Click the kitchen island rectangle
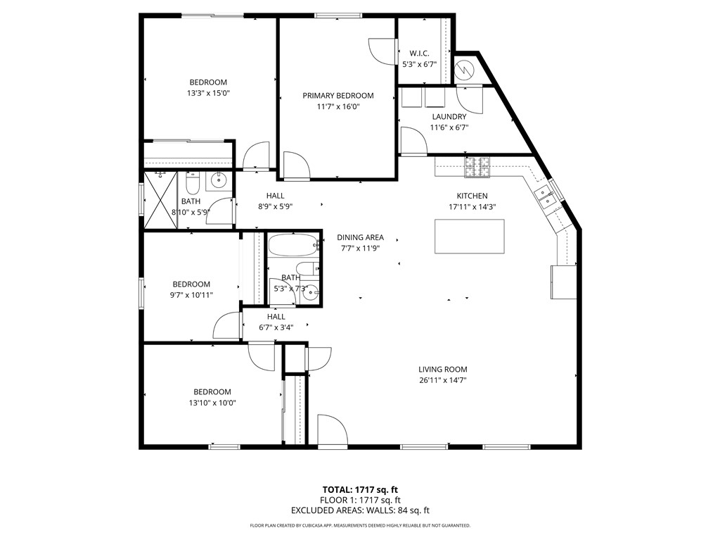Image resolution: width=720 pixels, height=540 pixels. pos(470,237)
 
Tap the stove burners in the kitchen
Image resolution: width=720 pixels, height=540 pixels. pos(476,167)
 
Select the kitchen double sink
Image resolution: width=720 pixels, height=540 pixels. pos(545,198)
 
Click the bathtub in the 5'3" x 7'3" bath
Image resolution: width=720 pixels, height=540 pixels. pos(292,246)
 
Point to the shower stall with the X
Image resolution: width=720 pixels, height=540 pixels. pos(160,200)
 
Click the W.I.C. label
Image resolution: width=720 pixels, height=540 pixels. pos(419,54)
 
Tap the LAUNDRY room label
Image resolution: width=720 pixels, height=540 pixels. pos(449,117)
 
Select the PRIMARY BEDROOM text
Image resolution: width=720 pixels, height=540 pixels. pos(338,96)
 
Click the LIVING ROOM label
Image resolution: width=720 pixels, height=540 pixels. pos(442,370)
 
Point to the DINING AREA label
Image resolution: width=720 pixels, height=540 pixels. pos(360,237)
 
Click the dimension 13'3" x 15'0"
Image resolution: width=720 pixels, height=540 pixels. pos(207,93)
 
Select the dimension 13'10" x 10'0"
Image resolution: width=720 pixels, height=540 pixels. pos(212,403)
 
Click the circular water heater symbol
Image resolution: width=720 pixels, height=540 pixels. pos(465,69)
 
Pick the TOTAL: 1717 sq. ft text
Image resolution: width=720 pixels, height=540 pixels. pos(360,489)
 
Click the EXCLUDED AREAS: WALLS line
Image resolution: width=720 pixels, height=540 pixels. pos(360,510)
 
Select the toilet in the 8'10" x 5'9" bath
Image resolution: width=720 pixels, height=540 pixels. pos(193,184)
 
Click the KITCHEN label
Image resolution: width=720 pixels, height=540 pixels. pos(472,196)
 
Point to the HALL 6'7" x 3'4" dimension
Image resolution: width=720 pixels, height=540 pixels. pos(276,327)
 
